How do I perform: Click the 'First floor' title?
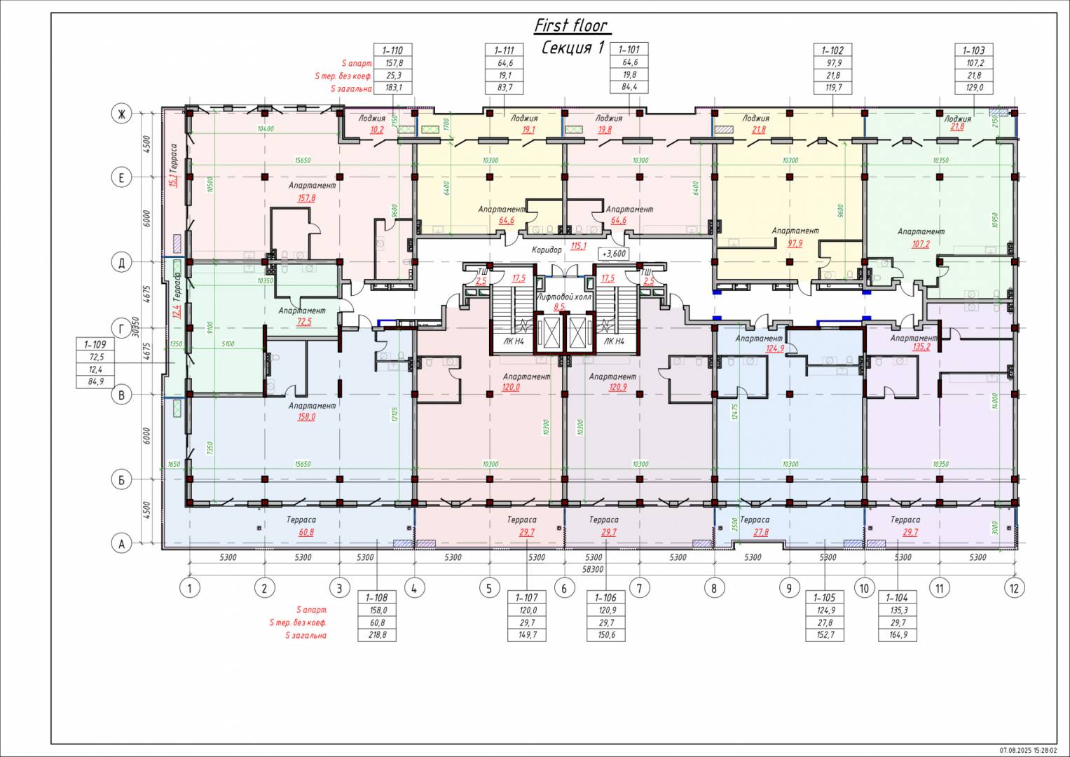coord(570,26)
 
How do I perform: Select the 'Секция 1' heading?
coord(572,48)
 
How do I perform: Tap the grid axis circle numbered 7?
coord(639,587)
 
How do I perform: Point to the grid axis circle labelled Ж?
coord(121,114)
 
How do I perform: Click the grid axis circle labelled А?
coord(121,543)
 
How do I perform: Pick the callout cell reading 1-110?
coord(392,50)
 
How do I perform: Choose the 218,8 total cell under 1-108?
coord(377,635)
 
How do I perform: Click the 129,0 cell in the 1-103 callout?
coord(974,88)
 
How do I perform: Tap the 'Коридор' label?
coord(547,250)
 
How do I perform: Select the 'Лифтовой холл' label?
coord(563,296)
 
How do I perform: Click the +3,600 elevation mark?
coord(614,254)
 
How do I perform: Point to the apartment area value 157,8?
coord(307,198)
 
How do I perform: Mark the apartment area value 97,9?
coord(795,243)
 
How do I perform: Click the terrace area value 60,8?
coord(306,532)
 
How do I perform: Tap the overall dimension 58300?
coord(592,570)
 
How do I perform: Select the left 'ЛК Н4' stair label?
coord(514,341)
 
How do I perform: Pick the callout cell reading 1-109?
coord(95,344)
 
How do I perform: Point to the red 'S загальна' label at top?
coord(352,88)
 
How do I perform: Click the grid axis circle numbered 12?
coord(1014,587)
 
